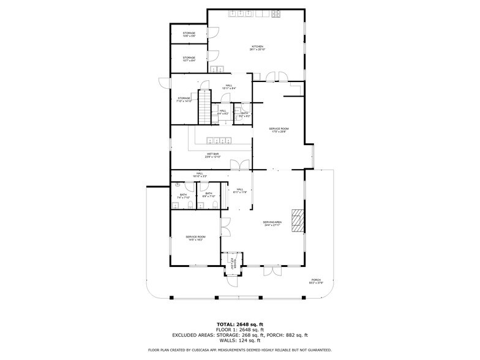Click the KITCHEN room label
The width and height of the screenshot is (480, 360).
(x=258, y=48)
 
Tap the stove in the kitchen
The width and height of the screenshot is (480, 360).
(x=277, y=13)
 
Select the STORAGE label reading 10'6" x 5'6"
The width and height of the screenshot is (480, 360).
(x=189, y=35)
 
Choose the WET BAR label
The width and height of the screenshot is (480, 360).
(x=213, y=156)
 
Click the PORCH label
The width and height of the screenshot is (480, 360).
(x=316, y=282)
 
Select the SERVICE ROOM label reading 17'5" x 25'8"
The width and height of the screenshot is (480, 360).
(x=279, y=130)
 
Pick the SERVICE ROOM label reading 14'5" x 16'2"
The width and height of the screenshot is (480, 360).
(x=195, y=238)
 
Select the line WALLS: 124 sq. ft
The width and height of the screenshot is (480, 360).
(x=239, y=339)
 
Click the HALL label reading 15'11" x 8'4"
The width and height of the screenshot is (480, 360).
(x=228, y=86)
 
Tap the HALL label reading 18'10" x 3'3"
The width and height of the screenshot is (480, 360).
(x=200, y=174)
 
